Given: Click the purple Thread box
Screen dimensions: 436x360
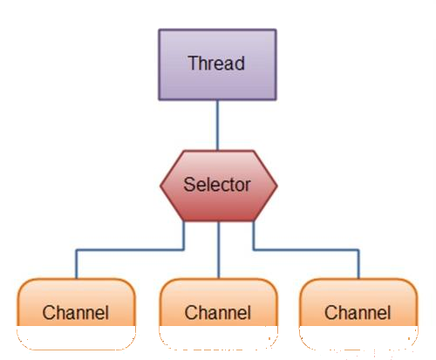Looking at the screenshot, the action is [x=217, y=65].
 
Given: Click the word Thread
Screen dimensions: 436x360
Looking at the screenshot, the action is [x=216, y=63].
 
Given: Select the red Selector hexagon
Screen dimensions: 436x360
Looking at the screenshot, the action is [x=219, y=186].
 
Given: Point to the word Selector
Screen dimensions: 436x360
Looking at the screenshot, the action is [x=217, y=184].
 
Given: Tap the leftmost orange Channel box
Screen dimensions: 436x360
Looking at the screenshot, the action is [x=76, y=314].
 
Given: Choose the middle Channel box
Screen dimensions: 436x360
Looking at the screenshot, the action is [x=218, y=314].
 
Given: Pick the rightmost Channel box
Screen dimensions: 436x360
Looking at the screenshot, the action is [x=358, y=314].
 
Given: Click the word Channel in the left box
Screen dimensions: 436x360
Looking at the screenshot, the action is [x=76, y=313].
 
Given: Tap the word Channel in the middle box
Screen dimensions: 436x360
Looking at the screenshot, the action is [x=218, y=313].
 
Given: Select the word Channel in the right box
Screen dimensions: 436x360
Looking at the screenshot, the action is [x=358, y=313].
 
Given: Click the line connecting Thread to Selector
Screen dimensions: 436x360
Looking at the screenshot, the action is [x=217, y=126].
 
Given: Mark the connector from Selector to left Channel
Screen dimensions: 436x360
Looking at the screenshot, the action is [x=130, y=249].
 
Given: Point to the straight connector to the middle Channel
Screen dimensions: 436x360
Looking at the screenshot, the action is [x=219, y=250].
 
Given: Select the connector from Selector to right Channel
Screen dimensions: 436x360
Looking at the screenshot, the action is [x=306, y=249].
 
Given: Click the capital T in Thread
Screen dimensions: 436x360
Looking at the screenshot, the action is [x=194, y=63].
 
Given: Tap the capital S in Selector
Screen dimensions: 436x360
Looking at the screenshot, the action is [x=189, y=184].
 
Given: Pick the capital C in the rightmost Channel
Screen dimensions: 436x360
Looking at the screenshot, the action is [x=330, y=313].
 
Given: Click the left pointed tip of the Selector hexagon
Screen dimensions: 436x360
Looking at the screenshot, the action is [x=160, y=186].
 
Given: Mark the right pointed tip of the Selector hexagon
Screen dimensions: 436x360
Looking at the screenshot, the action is [x=277, y=186].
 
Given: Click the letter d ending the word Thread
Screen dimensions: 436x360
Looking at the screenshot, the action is [x=240, y=63].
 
